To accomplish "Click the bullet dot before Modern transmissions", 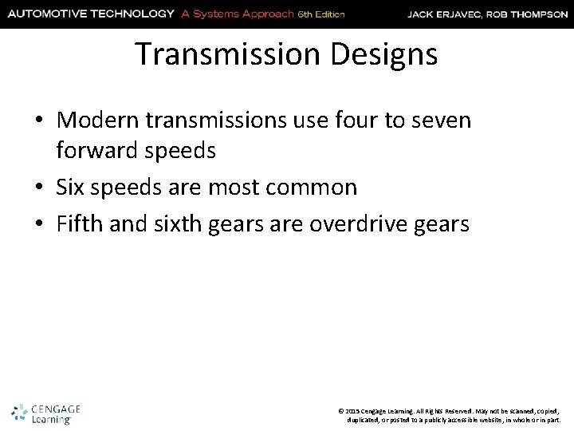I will (41, 122).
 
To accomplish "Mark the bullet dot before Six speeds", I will (41, 188).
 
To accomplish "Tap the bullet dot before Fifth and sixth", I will (41, 225).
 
